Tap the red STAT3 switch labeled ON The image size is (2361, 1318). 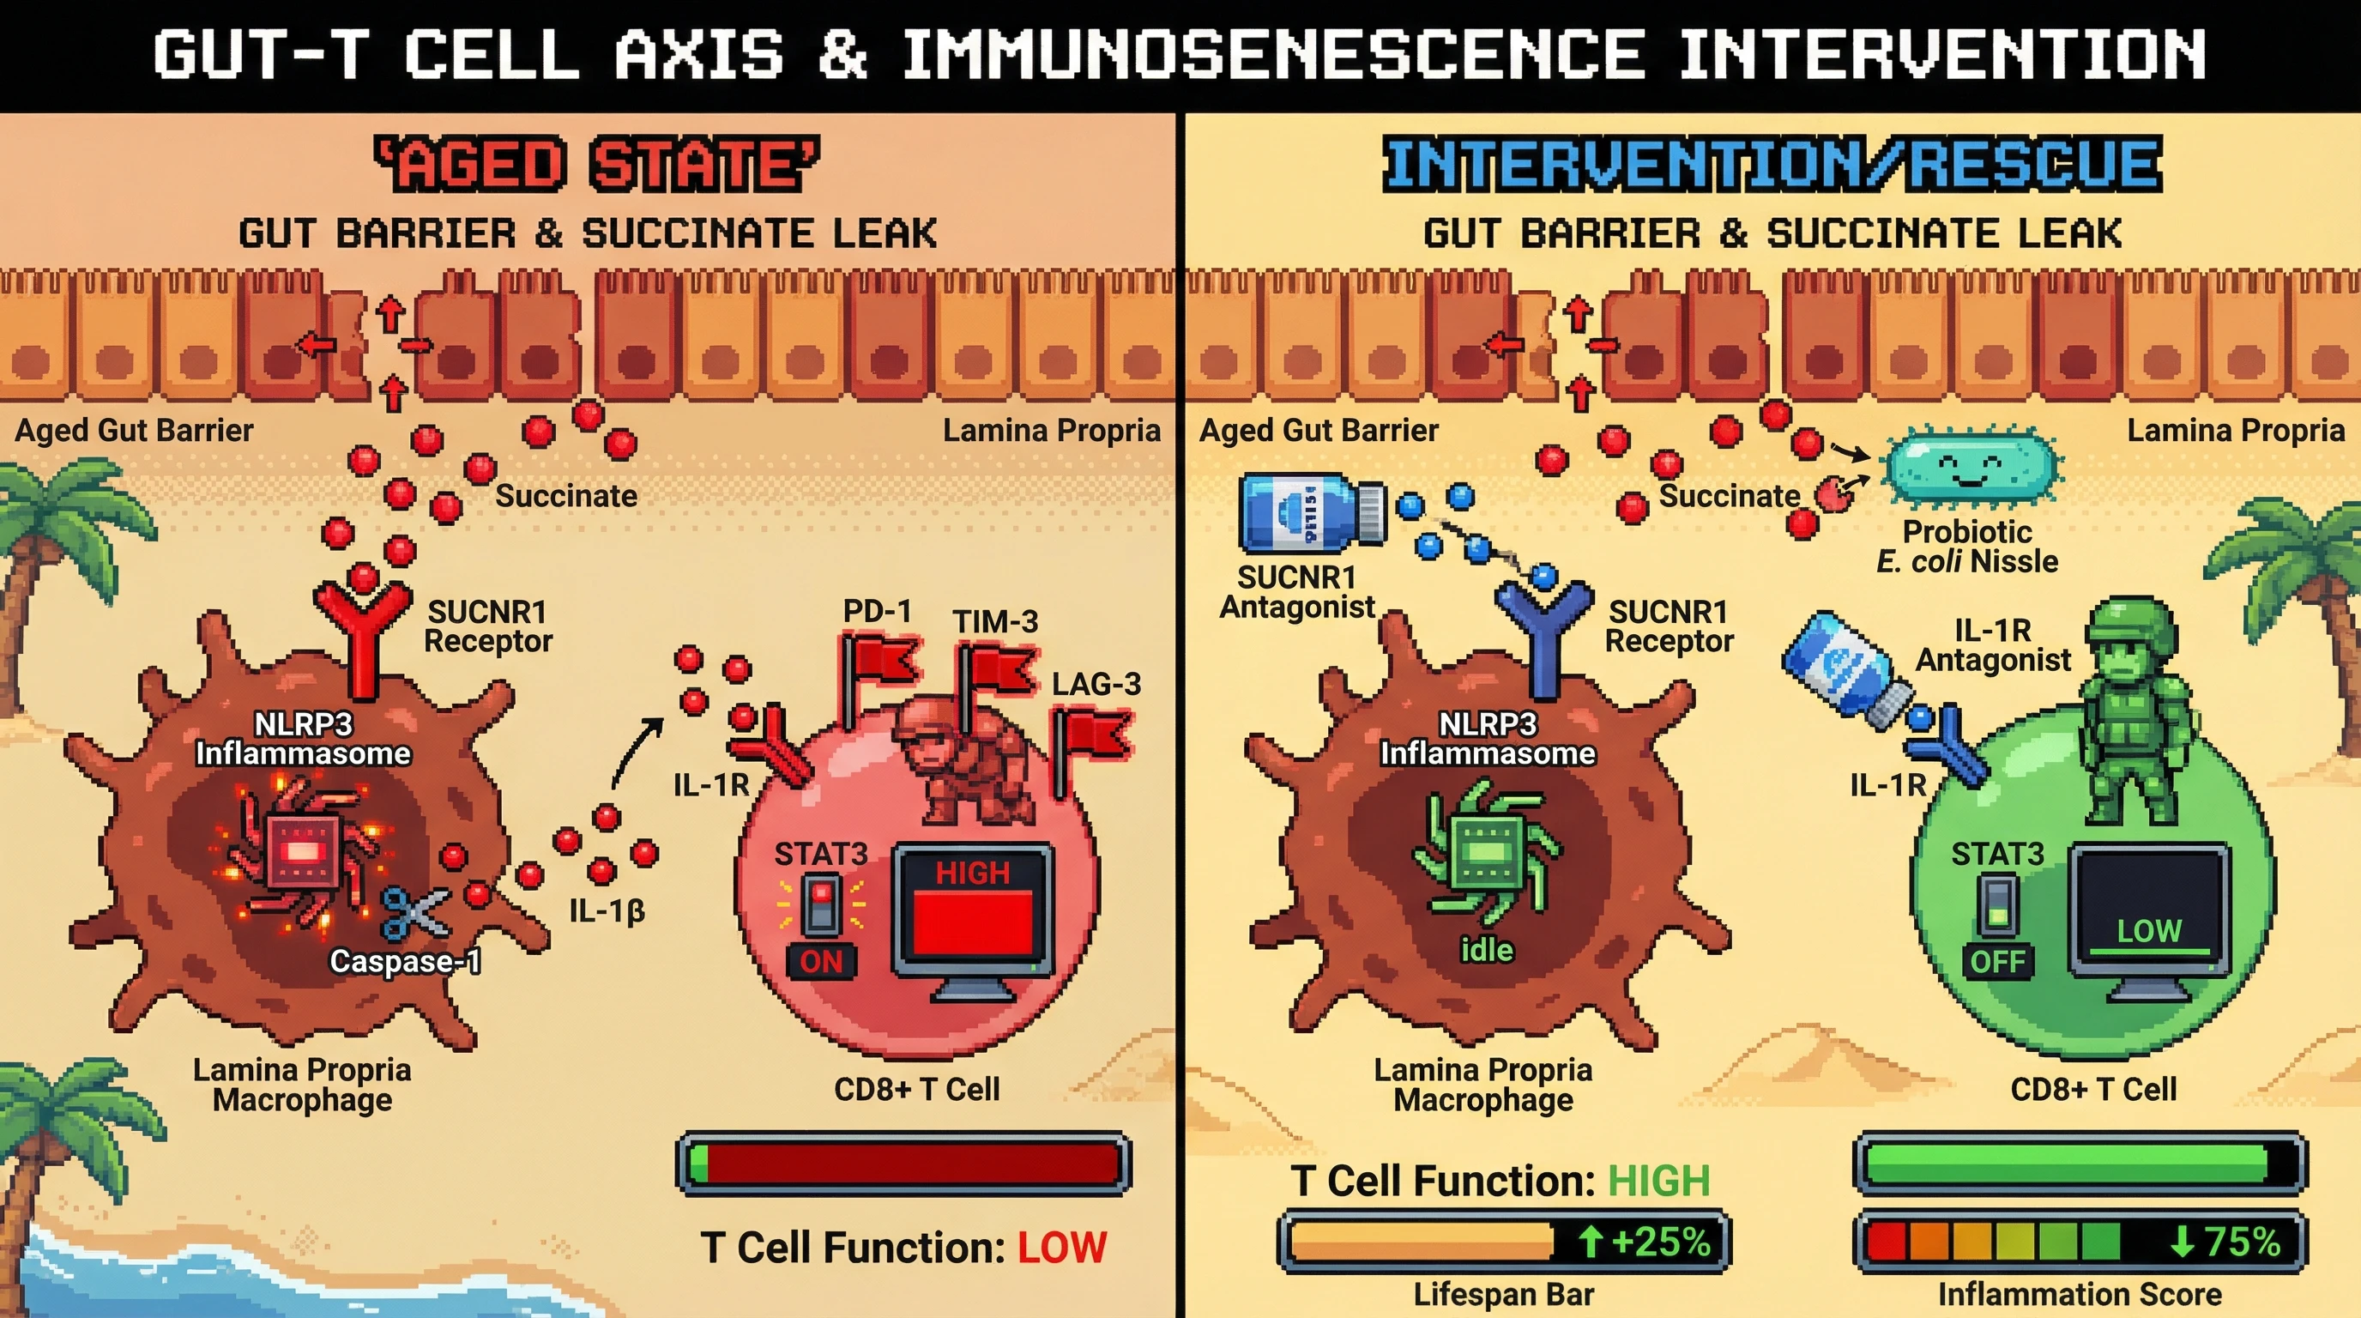(821, 904)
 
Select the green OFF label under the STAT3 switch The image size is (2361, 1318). (1997, 961)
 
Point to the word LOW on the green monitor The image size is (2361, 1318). (2148, 931)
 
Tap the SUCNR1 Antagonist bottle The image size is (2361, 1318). (1311, 511)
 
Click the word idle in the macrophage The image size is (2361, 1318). (1486, 950)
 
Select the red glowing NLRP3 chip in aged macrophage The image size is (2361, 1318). (300, 850)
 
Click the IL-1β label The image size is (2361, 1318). (607, 910)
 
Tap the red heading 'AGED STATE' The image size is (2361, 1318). (598, 164)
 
